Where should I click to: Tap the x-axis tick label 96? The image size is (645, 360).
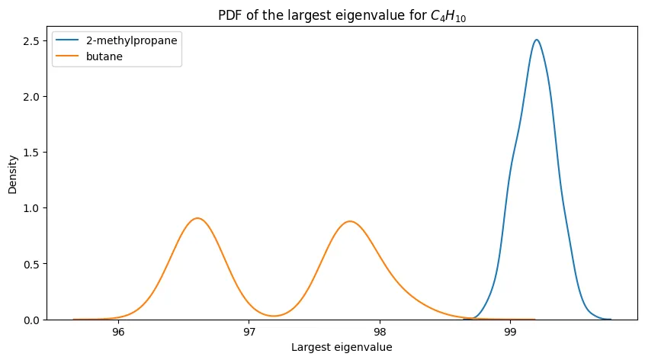click(x=118, y=333)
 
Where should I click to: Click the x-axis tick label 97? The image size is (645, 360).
click(x=249, y=333)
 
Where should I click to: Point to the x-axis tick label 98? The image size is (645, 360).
click(x=380, y=333)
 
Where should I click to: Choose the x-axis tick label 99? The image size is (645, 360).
click(x=511, y=333)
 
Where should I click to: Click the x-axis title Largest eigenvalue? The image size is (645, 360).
click(x=342, y=348)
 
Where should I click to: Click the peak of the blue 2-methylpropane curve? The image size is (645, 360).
click(x=537, y=40)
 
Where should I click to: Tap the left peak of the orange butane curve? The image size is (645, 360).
click(x=197, y=218)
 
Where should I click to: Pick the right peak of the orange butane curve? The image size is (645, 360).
click(x=349, y=221)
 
